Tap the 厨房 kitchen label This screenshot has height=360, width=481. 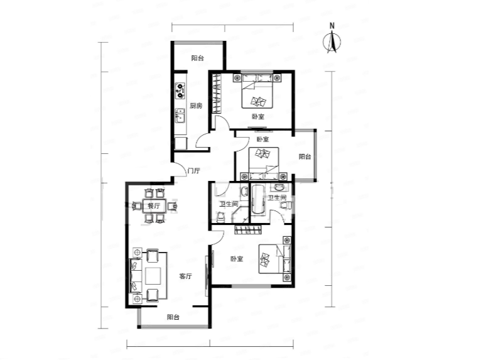click(x=196, y=106)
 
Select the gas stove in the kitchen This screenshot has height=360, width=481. click(x=180, y=90)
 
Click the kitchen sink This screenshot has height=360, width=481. click(x=180, y=116)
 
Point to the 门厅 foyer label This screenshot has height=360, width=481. click(x=193, y=171)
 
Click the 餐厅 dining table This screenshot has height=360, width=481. click(x=154, y=206)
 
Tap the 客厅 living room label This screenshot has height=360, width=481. click(x=185, y=276)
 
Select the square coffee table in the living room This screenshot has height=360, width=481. click(x=153, y=276)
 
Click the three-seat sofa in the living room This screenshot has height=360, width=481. click(x=136, y=276)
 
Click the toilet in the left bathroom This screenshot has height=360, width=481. click(x=221, y=217)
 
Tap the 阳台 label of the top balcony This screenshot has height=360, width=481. click(x=197, y=58)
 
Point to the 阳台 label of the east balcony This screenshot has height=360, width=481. click(x=305, y=156)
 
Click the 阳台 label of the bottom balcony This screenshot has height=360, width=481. click(x=173, y=317)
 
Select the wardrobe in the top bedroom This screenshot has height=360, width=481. click(x=217, y=94)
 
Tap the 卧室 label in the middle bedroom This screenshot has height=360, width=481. click(x=262, y=139)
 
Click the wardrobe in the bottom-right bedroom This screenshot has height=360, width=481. click(x=248, y=229)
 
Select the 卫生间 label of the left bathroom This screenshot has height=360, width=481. click(x=229, y=203)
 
